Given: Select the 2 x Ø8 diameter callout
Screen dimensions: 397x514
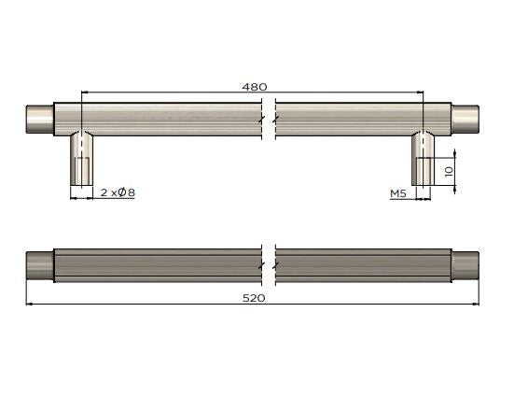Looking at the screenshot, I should [x=118, y=193].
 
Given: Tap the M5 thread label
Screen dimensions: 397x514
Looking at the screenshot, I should [x=398, y=193].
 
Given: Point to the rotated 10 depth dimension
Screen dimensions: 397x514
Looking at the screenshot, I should [x=448, y=173].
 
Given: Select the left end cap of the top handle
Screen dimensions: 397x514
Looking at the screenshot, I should [x=38, y=118].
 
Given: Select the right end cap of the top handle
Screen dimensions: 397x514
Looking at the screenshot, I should [x=465, y=118].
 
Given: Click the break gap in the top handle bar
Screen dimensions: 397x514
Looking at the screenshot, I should [x=270, y=119].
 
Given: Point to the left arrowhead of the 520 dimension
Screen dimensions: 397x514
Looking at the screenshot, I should [x=29, y=304].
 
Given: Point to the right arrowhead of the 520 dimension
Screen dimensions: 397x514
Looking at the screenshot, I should [x=476, y=304].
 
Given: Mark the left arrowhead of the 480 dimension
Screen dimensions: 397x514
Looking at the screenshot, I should [x=86, y=92].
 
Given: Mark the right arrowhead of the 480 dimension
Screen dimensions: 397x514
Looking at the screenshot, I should [x=421, y=92].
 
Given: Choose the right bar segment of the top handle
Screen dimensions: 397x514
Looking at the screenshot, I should [x=350, y=119].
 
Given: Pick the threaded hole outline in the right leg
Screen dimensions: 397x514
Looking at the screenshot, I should [x=424, y=172].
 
